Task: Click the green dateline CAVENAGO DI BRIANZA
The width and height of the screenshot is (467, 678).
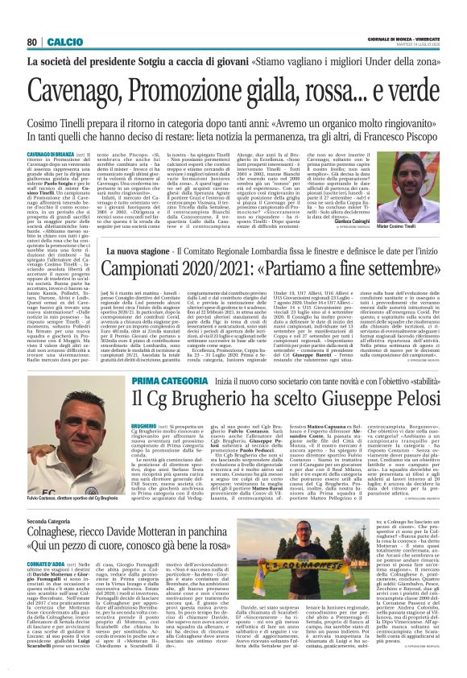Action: point(48,153)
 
